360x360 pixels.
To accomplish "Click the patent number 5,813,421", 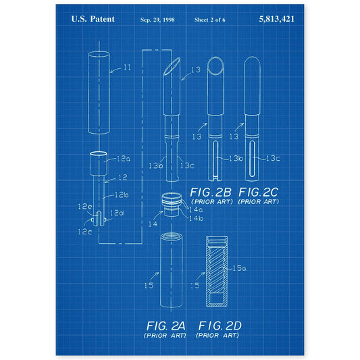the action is [x=276, y=19].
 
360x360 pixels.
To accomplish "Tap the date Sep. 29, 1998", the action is [x=157, y=20].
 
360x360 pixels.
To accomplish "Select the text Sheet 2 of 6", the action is [x=209, y=20].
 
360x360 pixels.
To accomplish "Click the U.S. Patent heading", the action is [x=93, y=19].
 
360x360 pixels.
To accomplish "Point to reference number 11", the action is [x=127, y=67].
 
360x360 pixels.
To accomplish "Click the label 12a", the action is [x=124, y=159].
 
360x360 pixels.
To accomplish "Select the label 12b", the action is [x=122, y=195].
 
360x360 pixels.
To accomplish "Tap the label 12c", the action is [x=84, y=232].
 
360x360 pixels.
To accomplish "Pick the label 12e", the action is [x=84, y=207].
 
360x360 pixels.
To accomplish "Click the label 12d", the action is [x=117, y=213].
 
